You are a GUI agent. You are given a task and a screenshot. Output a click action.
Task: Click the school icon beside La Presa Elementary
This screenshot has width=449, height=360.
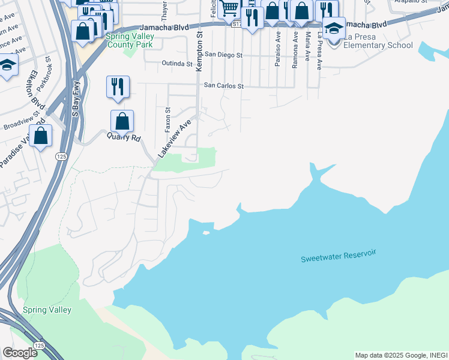coord(334,28)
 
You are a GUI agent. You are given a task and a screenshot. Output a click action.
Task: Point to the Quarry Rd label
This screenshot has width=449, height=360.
coord(124,137)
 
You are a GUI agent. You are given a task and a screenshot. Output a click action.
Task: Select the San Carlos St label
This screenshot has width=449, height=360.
coord(223,86)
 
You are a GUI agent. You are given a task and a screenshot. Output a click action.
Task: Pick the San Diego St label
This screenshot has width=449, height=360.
coord(223,55)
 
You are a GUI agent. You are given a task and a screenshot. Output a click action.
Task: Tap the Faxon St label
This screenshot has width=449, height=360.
coord(168,120)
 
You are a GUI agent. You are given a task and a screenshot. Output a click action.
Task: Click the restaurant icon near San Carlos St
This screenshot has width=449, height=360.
coord(118,86)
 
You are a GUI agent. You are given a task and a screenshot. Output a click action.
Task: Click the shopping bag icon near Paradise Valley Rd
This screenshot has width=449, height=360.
coord(41,136)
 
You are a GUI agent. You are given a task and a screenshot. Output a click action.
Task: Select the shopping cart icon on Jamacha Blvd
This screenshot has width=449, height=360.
coord(229,9)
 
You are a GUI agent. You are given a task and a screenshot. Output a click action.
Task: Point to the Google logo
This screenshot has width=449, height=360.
coord(20,353)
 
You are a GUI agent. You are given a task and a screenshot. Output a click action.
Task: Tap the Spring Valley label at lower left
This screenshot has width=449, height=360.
coord(47,310)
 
